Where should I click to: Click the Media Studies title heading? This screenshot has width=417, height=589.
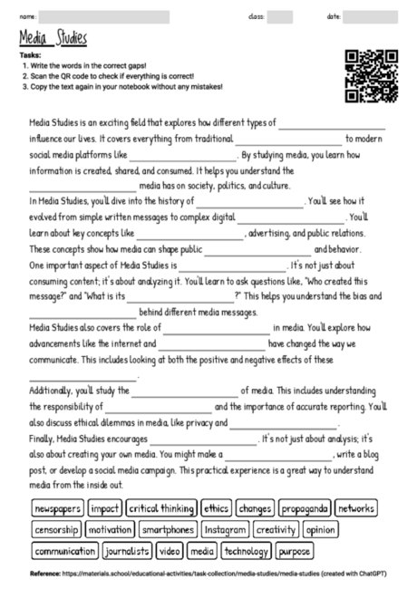pos(53,38)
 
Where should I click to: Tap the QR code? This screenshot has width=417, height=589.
pos(373,75)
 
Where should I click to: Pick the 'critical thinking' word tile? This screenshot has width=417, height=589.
pos(161,508)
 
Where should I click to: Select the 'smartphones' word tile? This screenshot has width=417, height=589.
pos(168,529)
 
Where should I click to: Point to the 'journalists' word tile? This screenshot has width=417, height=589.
pos(128,550)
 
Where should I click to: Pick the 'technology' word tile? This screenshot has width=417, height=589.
pos(246,550)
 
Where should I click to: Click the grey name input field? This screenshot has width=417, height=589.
pos(104,16)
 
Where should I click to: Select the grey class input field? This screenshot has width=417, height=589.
pos(280,16)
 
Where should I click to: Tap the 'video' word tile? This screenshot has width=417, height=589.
pos(170,550)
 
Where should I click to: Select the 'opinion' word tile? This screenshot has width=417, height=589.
pos(319,529)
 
